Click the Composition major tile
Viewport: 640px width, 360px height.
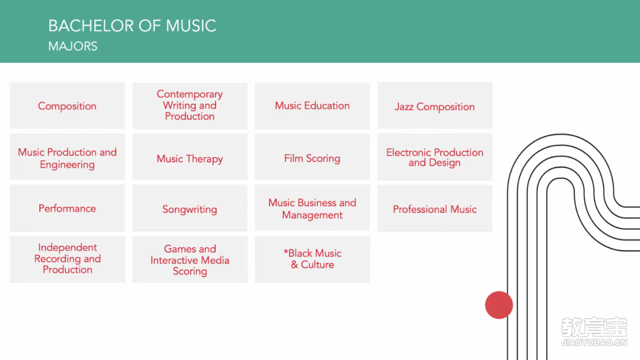67,106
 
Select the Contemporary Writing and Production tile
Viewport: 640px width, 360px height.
190,106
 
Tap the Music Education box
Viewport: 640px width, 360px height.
312,106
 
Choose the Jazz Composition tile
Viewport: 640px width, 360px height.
435,106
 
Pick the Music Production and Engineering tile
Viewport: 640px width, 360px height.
67,157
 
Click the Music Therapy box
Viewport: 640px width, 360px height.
190,157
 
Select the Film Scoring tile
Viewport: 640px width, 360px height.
312,157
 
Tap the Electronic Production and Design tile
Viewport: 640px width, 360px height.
435,157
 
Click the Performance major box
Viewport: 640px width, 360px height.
67,208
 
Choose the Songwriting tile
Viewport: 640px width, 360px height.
190,208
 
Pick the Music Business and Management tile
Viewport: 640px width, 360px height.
312,208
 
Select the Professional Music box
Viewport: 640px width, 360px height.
435,208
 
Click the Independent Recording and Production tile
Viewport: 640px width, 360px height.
67,260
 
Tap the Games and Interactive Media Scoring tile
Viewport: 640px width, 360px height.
190,260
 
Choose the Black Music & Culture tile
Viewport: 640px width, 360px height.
312,260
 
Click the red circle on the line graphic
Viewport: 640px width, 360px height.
499,305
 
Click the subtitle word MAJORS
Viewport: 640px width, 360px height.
73,47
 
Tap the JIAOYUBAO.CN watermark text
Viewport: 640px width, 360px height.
595,342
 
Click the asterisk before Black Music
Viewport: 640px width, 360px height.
286,252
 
